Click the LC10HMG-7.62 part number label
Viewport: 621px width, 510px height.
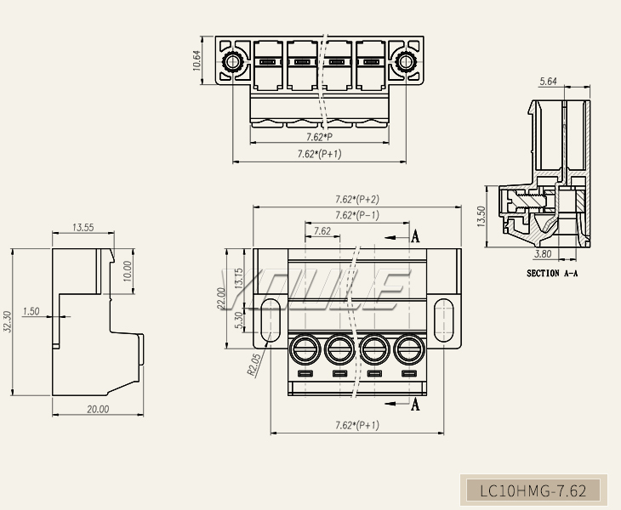tap(533, 490)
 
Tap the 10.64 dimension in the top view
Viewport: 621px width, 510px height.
tap(197, 60)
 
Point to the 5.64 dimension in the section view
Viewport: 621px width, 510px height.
tap(549, 82)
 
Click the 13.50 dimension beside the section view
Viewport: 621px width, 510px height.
tap(481, 217)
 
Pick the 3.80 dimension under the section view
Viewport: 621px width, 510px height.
tap(543, 254)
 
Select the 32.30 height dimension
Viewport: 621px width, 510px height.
tap(9, 322)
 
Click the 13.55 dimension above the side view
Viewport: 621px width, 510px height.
tap(83, 227)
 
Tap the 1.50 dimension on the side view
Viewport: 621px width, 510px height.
tap(31, 311)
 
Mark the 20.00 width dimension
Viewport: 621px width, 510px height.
tap(98, 409)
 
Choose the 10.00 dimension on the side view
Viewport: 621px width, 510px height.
tap(128, 271)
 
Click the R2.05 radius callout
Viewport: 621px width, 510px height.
tap(254, 364)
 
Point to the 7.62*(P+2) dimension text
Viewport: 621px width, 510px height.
tap(357, 199)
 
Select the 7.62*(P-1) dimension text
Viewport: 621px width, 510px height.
tap(357, 215)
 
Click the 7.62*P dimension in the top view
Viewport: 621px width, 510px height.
tap(319, 136)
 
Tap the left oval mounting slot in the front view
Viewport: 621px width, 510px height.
tap(269, 320)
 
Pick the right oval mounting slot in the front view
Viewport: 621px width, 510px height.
tap(443, 320)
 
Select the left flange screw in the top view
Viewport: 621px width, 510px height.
tap(231, 62)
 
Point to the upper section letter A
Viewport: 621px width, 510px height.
tap(415, 237)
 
